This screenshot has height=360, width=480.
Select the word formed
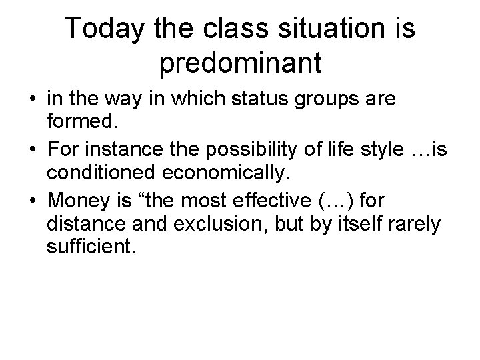81,121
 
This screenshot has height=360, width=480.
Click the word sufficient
91,247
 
